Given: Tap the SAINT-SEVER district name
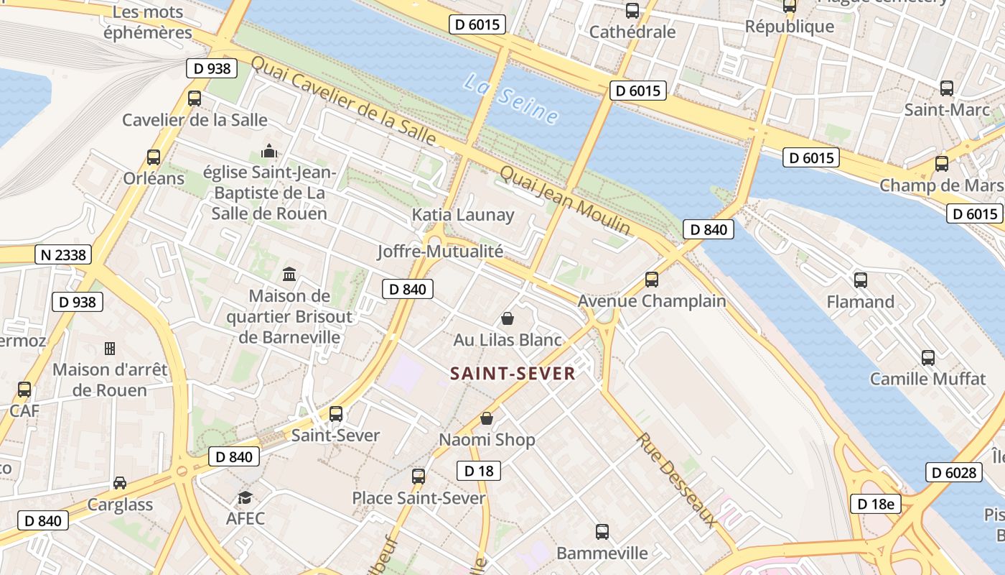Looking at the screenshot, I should pyautogui.click(x=513, y=374).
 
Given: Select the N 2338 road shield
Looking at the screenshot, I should pyautogui.click(x=63, y=254).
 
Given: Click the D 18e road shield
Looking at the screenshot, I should pyautogui.click(x=875, y=504).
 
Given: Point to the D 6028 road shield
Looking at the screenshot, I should pyautogui.click(x=953, y=472).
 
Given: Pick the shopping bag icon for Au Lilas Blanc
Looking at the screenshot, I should pyautogui.click(x=508, y=318).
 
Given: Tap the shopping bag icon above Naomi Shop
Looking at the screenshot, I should pyautogui.click(x=487, y=418).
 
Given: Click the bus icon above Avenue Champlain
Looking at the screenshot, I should pyautogui.click(x=652, y=279).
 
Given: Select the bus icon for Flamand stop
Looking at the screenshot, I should pyautogui.click(x=860, y=280).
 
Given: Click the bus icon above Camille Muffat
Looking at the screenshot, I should pyautogui.click(x=927, y=357).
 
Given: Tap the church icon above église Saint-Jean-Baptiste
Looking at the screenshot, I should pyautogui.click(x=269, y=151).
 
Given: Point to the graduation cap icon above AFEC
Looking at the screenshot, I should pyautogui.click(x=246, y=497).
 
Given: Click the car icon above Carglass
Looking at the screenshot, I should pyautogui.click(x=120, y=483).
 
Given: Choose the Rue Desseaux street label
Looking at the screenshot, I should pyautogui.click(x=675, y=480).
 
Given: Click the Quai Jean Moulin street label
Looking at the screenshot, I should pyautogui.click(x=565, y=200).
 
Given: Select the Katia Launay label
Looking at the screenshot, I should pyautogui.click(x=463, y=215).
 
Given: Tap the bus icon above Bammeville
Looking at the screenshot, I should pyautogui.click(x=602, y=532).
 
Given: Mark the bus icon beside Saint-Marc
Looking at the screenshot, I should pyautogui.click(x=947, y=88).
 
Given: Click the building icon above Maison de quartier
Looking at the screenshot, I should pyautogui.click(x=290, y=274).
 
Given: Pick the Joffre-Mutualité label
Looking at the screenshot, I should pyautogui.click(x=440, y=252).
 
